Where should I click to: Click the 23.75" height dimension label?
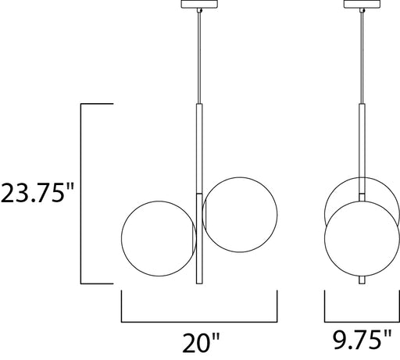(x=37, y=193)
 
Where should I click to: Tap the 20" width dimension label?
(x=201, y=342)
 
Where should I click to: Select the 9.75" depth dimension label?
(x=362, y=339)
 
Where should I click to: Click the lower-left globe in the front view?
(x=122, y=238)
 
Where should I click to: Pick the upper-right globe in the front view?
(x=277, y=215)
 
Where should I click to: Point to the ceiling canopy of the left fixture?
(x=199, y=4)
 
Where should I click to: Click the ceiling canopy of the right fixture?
(x=362, y=4)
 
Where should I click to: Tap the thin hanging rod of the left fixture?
(x=199, y=58)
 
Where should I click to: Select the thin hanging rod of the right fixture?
(x=362, y=58)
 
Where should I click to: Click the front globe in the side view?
(x=325, y=238)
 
